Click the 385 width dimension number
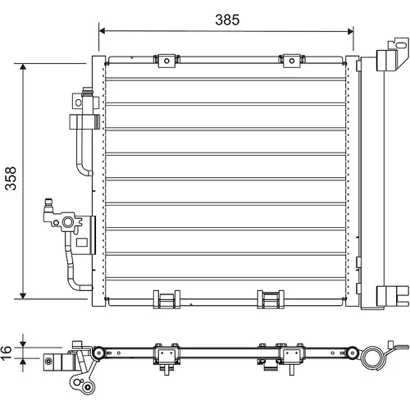click(227, 20)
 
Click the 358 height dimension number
click(11, 178)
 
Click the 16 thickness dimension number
click(7, 353)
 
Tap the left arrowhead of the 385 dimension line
click(102, 31)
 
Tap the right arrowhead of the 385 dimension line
click(350, 31)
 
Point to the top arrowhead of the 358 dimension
click(23, 66)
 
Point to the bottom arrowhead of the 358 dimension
click(23, 296)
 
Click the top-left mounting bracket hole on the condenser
click(166, 61)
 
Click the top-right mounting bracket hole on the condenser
click(292, 61)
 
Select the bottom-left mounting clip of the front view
click(166, 299)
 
